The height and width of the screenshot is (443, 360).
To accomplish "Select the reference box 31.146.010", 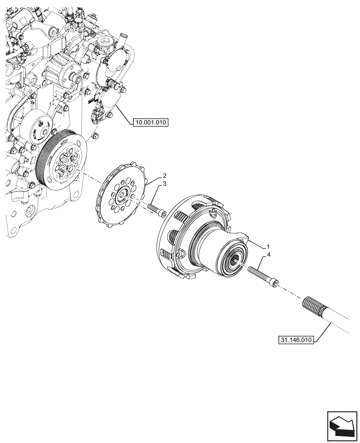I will [296, 340].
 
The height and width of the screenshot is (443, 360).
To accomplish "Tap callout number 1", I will [268, 245].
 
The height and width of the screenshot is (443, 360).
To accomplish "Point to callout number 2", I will [164, 175].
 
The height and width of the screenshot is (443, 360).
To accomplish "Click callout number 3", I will [164, 184].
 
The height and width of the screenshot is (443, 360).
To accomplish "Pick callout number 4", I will [268, 255].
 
